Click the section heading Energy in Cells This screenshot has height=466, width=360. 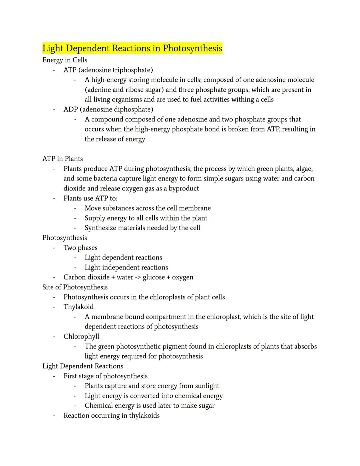click(x=65, y=60)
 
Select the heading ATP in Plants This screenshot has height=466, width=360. click(x=63, y=159)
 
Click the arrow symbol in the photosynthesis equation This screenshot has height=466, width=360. click(x=138, y=278)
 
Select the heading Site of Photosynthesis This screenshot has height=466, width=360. click(x=75, y=287)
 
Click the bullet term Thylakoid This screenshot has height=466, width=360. click(x=79, y=307)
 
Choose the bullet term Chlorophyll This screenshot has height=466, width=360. click(x=81, y=337)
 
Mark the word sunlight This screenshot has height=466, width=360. click(x=205, y=386)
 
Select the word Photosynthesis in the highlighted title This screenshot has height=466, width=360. click(x=192, y=48)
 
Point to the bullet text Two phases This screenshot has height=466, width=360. click(x=80, y=248)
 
